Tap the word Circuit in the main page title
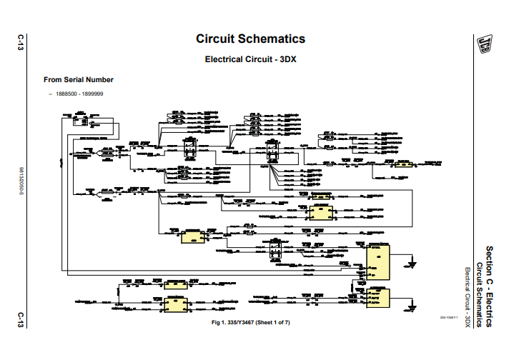point(214,39)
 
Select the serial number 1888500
point(66,94)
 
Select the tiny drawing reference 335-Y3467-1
point(448,318)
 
